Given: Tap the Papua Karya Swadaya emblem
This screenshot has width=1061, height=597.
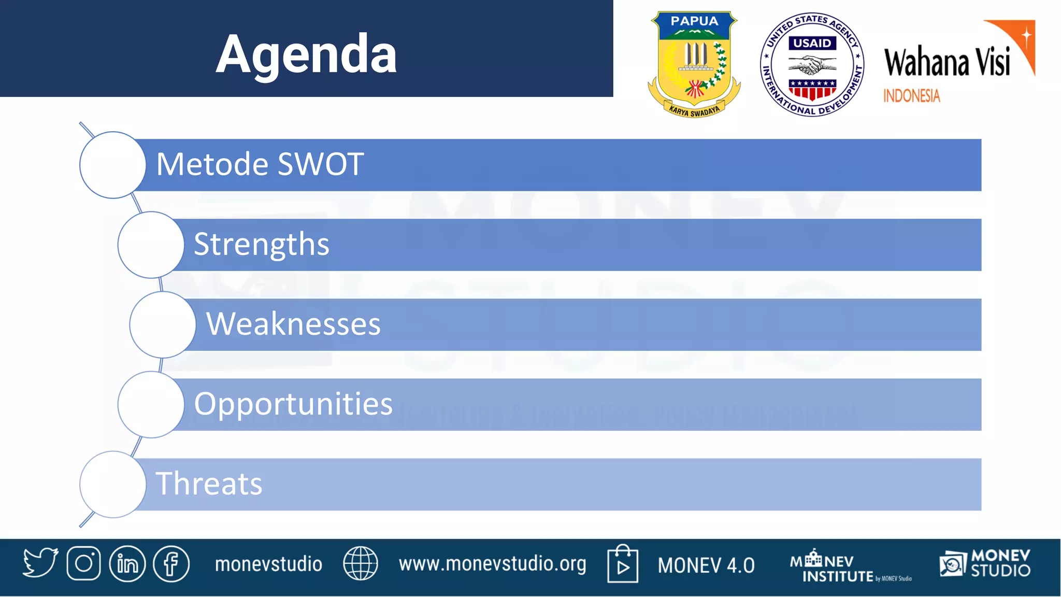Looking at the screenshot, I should click(x=694, y=64).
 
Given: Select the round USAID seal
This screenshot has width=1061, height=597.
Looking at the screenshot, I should click(x=812, y=64).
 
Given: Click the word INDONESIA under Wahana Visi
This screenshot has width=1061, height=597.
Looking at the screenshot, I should click(x=911, y=96).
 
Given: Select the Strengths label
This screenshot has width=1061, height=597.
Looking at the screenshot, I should click(x=261, y=244).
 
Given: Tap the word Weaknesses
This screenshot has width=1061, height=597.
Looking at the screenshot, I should click(x=293, y=324).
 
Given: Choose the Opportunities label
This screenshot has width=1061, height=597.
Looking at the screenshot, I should click(x=293, y=404).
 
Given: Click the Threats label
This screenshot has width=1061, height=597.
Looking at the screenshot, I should click(x=209, y=484).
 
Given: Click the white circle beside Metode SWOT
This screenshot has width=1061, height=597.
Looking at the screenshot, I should click(x=112, y=165).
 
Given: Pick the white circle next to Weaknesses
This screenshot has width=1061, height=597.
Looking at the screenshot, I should click(x=163, y=324).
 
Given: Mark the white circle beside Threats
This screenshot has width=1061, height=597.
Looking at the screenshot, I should click(x=112, y=484).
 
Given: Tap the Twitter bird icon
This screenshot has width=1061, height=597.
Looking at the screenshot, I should click(x=40, y=563).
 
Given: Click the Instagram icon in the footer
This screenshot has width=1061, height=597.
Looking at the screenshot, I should click(x=83, y=563).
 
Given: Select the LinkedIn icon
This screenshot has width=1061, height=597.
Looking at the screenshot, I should click(x=127, y=563).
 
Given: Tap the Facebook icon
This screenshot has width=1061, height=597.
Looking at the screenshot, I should click(x=171, y=563).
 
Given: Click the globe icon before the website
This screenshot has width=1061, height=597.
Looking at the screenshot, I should click(x=361, y=563).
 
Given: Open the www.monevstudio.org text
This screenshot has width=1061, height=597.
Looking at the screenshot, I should click(x=492, y=564).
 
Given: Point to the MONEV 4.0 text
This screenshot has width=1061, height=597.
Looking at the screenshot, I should click(x=706, y=565).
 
